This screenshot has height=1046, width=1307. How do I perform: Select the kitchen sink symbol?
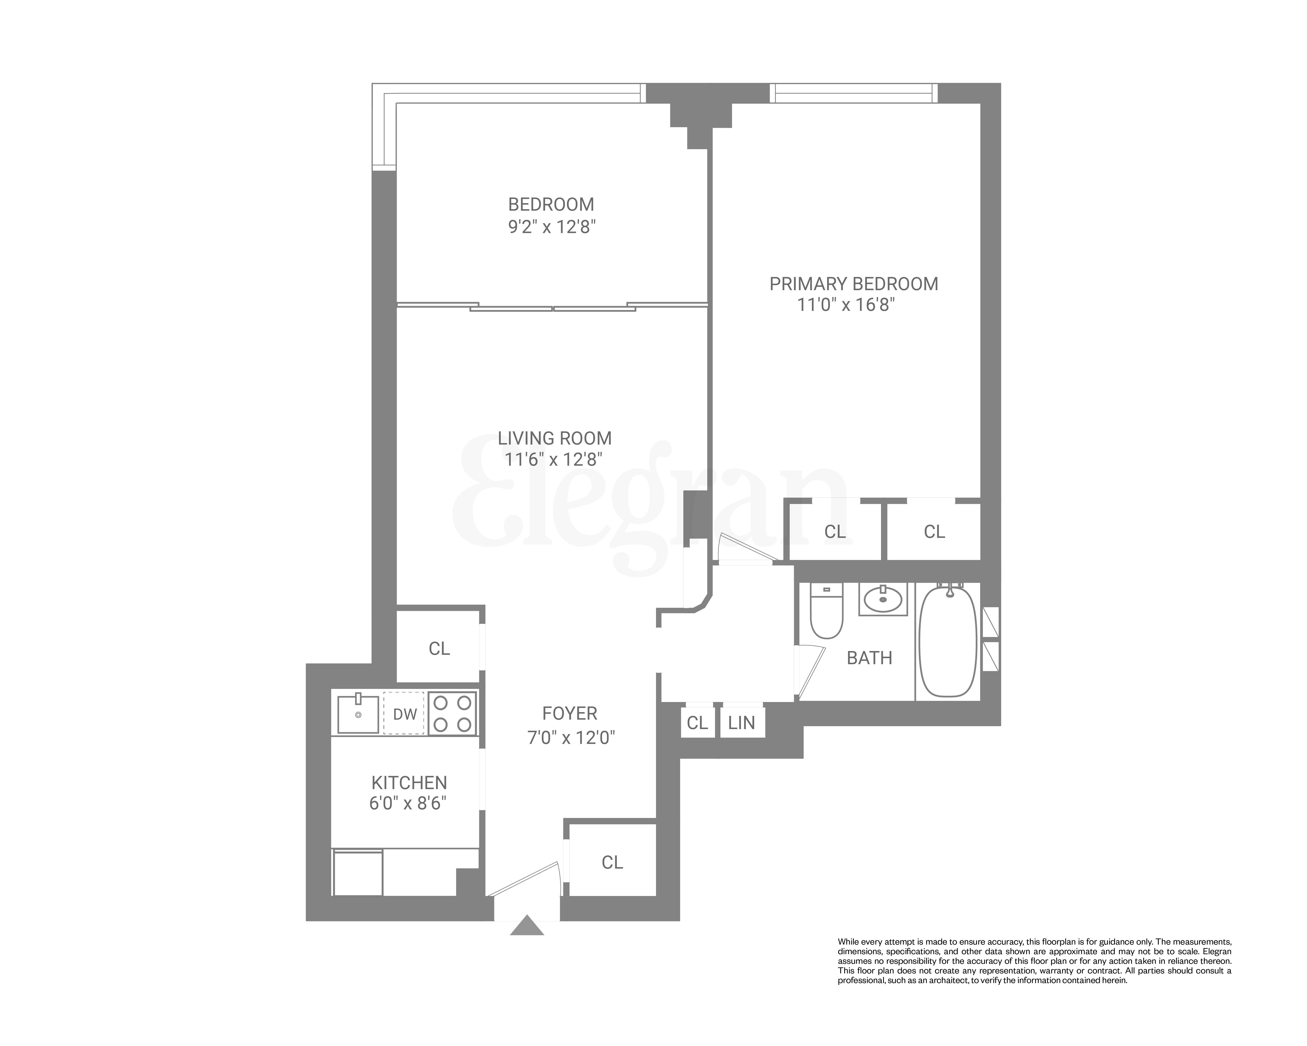358,714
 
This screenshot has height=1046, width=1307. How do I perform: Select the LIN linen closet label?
741,723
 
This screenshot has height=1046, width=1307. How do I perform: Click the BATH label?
869,658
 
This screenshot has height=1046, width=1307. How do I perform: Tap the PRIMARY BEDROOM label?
854,284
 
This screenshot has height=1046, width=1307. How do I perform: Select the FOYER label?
570,713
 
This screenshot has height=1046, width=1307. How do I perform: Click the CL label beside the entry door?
612,862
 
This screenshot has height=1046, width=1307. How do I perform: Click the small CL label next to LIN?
697,723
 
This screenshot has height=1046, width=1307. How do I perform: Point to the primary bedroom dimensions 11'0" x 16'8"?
846,304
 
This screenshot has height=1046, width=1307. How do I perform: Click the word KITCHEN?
409,782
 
